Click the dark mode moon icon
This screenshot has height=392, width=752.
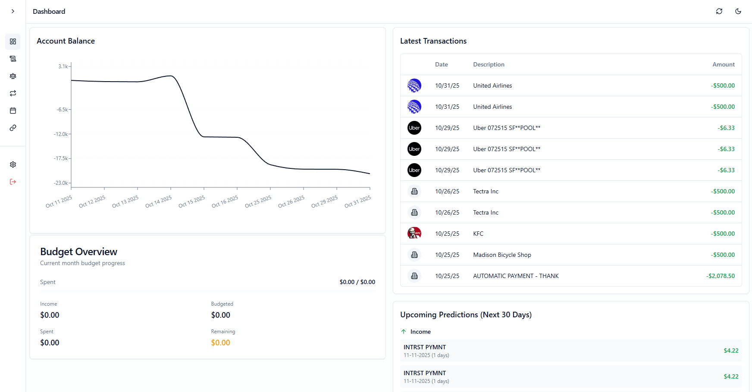(738, 11)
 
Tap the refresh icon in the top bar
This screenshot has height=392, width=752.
(719, 11)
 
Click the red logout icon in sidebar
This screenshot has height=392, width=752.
(13, 182)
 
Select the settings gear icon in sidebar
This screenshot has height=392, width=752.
(13, 164)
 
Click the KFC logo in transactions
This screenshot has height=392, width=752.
(414, 234)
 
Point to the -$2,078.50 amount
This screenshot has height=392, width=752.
(720, 276)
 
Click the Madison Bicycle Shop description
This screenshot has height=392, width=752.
(502, 255)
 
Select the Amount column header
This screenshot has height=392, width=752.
(723, 64)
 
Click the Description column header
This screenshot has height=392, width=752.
(489, 64)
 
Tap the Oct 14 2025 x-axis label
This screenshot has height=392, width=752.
(159, 202)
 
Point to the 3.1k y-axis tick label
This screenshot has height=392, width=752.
(63, 66)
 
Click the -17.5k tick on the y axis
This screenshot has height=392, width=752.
(61, 158)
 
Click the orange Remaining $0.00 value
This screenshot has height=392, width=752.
(220, 343)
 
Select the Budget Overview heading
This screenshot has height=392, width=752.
(78, 252)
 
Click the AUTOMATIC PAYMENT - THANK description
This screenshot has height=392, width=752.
(516, 276)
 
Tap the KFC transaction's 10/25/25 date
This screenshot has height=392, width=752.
(447, 234)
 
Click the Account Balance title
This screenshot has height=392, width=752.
(66, 41)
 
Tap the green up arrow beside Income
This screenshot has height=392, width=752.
(404, 332)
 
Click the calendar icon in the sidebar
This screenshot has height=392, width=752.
(13, 111)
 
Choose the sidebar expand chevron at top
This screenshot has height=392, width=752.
(13, 11)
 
